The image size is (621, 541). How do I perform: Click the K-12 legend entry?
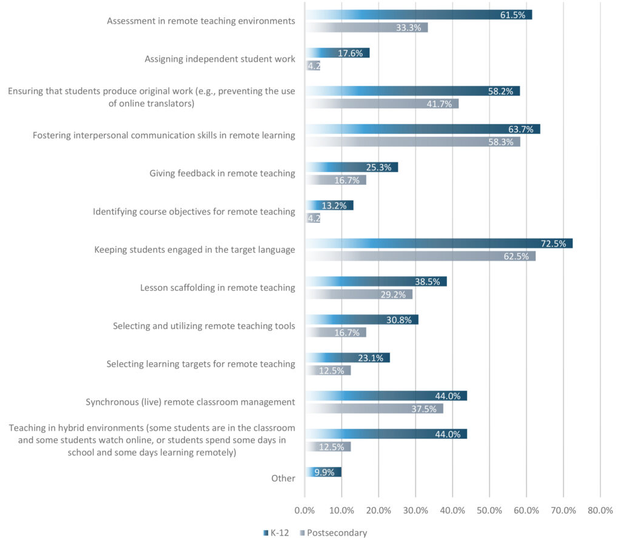click(x=280, y=533)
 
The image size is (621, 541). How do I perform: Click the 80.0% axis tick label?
click(x=600, y=511)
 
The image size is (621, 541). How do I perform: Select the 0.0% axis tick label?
click(x=304, y=511)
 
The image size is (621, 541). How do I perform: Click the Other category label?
click(x=283, y=478)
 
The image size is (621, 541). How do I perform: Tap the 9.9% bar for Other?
click(x=323, y=472)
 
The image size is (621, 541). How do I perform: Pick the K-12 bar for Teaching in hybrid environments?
click(x=386, y=434)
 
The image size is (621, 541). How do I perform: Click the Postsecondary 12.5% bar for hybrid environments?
click(x=327, y=447)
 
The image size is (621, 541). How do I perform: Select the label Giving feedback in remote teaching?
click(x=222, y=173)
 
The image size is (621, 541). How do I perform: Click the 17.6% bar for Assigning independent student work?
click(x=337, y=53)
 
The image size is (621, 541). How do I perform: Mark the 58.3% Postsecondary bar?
click(x=412, y=142)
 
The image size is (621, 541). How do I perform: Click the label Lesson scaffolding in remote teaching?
click(x=217, y=288)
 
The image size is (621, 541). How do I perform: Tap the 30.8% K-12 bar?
click(x=361, y=319)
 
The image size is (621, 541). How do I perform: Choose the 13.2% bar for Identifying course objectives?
click(x=329, y=205)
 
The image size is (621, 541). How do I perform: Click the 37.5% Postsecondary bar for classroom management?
click(x=374, y=409)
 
